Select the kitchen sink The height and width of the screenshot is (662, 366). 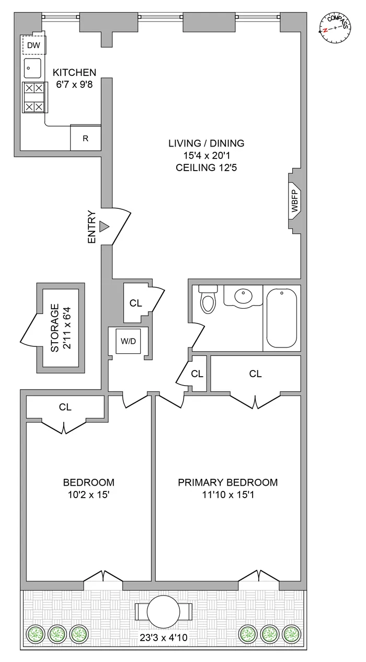click(32, 69)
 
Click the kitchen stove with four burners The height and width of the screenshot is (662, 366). click(33, 97)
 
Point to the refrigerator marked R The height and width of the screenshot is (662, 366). click(85, 138)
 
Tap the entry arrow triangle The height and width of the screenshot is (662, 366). click(104, 226)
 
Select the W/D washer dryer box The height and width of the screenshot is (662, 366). click(128, 342)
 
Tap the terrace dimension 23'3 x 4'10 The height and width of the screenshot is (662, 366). click(163, 638)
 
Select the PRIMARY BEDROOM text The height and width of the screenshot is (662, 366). click(227, 483)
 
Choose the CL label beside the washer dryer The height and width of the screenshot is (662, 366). click(135, 302)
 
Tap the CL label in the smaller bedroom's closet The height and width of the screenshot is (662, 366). click(65, 407)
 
